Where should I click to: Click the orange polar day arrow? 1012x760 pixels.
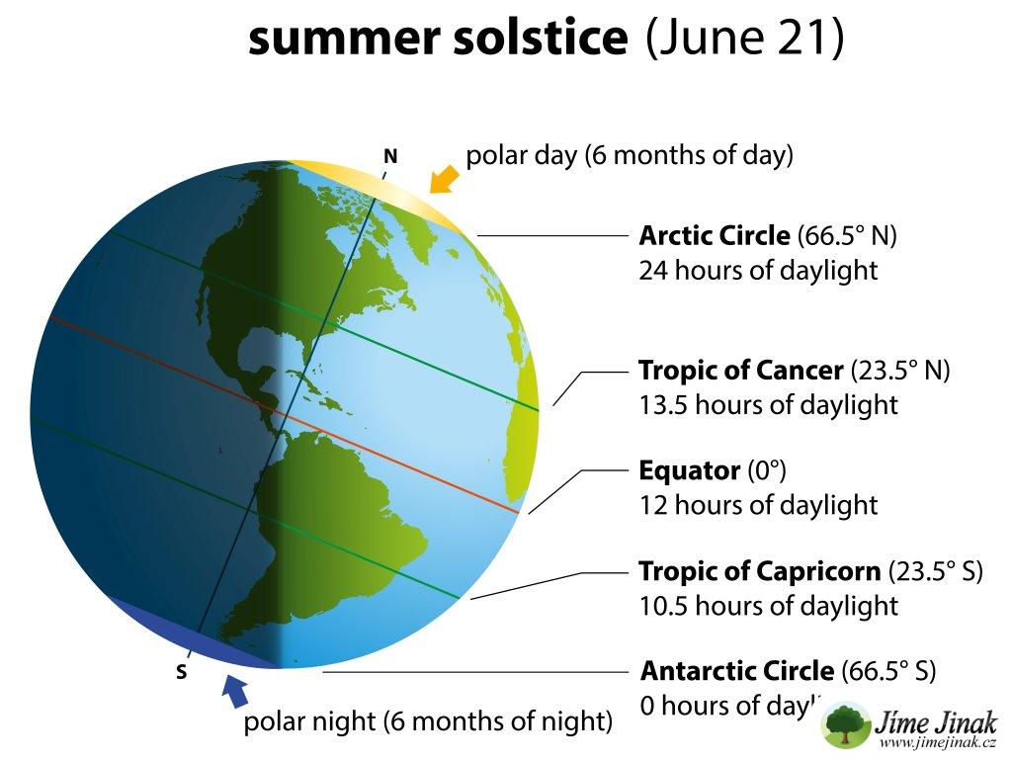pyautogui.click(x=445, y=179)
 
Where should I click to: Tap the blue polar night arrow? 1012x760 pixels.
pyautogui.click(x=235, y=692)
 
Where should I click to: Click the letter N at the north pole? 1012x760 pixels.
pyautogui.click(x=390, y=157)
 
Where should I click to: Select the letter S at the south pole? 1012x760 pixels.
pyautogui.click(x=182, y=672)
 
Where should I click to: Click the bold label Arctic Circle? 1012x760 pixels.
pyautogui.click(x=715, y=236)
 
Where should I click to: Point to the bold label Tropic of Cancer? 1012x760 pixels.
pyautogui.click(x=741, y=371)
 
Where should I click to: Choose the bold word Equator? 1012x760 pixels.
pyautogui.click(x=689, y=471)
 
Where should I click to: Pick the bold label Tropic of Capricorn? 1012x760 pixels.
pyautogui.click(x=760, y=571)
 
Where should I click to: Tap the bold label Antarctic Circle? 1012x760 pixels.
pyautogui.click(x=737, y=672)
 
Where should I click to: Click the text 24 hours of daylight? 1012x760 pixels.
pyautogui.click(x=758, y=271)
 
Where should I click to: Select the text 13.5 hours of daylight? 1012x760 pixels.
pyautogui.click(x=768, y=405)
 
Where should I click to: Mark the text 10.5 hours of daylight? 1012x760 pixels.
pyautogui.click(x=768, y=607)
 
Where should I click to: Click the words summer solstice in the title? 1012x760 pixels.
pyautogui.click(x=438, y=37)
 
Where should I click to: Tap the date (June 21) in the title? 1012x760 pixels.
pyautogui.click(x=745, y=38)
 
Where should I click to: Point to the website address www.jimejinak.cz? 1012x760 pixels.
pyautogui.click(x=937, y=742)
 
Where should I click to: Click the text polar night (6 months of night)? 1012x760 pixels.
pyautogui.click(x=428, y=721)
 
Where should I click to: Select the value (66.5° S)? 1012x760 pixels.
pyautogui.click(x=888, y=672)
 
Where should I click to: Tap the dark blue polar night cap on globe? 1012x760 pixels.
pyautogui.click(x=194, y=635)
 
